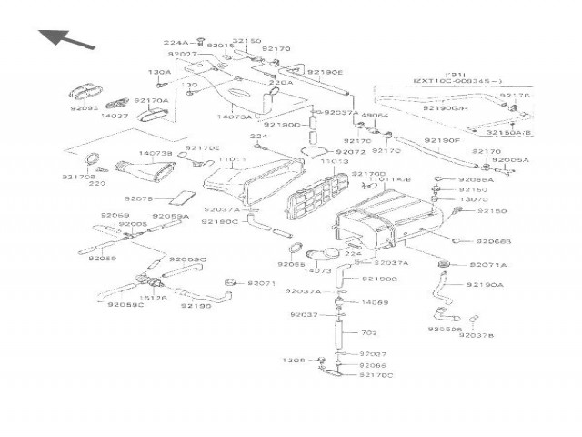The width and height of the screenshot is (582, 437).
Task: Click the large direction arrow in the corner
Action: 65,38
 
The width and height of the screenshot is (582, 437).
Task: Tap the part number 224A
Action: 176,42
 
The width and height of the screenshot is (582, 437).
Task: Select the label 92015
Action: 220,45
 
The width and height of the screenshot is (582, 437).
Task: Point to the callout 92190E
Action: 325,71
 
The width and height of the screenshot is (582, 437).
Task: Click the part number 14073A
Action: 236,117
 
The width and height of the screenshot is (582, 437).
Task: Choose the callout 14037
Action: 115,116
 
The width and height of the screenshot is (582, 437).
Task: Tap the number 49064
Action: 375,116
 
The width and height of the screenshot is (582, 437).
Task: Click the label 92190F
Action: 443,141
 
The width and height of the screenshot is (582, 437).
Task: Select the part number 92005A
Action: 511,159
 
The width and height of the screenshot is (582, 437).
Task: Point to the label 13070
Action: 472,199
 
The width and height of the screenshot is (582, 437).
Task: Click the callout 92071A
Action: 488,264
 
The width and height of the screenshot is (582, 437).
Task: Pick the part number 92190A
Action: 485,285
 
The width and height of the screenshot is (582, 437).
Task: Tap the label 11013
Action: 334,161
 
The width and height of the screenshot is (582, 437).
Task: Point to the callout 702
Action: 369,332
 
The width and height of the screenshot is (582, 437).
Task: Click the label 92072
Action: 350,152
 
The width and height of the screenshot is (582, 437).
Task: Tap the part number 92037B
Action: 477,335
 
